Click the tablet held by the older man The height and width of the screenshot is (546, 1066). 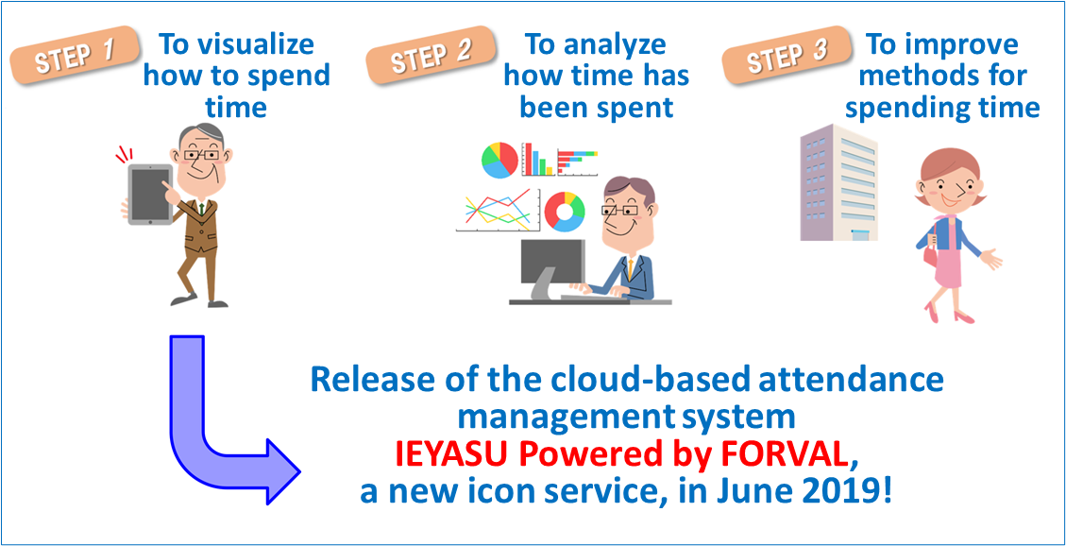[150, 195]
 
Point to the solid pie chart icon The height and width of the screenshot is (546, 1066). [499, 161]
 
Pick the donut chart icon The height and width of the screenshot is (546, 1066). [565, 211]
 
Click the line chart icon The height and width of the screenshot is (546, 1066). [498, 211]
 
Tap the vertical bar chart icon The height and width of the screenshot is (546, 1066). [538, 160]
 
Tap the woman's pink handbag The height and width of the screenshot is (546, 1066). [929, 257]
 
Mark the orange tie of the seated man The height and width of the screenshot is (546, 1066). [631, 267]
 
